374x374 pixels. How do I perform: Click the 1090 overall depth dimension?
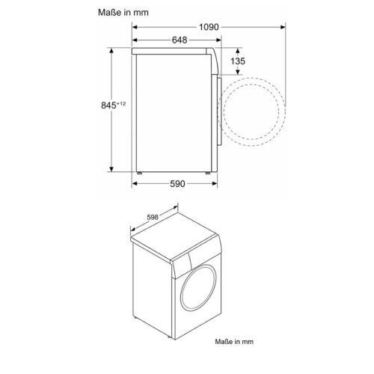(209, 26)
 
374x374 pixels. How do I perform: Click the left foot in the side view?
(139, 171)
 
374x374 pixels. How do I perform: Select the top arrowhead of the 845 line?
(112, 51)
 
